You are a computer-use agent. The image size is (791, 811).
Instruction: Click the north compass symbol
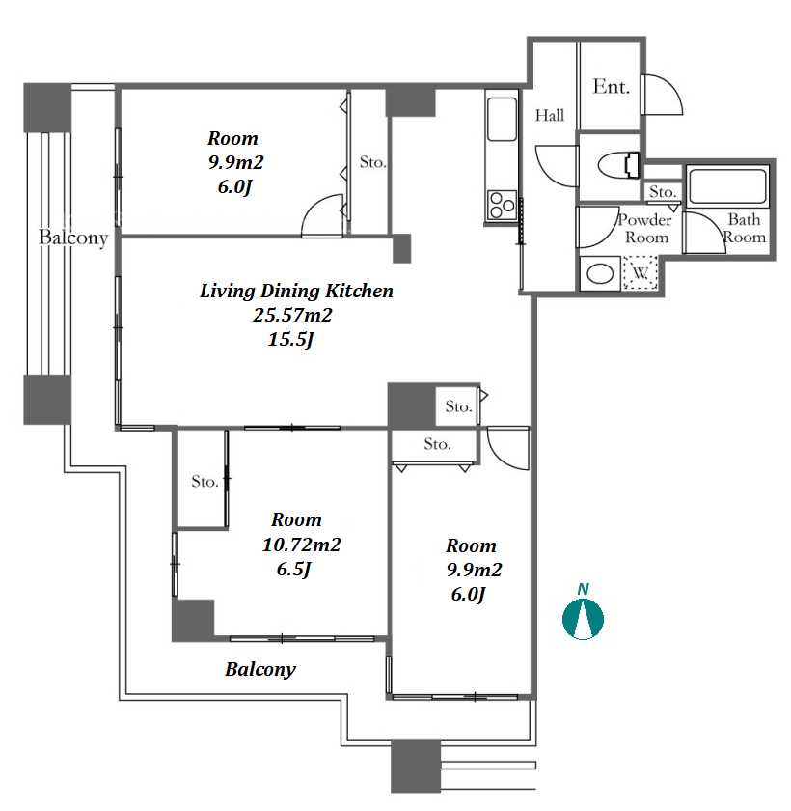point(583,619)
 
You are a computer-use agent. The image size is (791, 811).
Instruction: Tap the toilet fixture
point(618,165)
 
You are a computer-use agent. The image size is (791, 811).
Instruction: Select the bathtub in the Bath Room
point(727,186)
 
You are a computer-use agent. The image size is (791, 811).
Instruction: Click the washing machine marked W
point(641,272)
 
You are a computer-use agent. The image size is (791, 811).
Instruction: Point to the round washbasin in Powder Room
point(600,273)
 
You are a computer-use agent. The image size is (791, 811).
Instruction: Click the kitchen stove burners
point(502,205)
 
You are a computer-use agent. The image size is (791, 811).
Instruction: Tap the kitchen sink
point(502,119)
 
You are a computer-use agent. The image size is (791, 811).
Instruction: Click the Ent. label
point(612,86)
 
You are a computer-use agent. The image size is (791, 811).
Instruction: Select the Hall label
point(549,115)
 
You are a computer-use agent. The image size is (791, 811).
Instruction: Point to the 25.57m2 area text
point(292,315)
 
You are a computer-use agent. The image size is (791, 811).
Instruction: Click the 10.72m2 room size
point(301,545)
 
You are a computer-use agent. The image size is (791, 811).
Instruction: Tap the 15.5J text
point(291,339)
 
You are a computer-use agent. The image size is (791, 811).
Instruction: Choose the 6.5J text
point(293,569)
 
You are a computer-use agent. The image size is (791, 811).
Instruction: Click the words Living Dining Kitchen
point(296,291)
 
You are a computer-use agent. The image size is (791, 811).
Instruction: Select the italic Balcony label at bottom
point(260,669)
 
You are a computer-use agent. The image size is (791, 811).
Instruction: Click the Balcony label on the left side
point(73,238)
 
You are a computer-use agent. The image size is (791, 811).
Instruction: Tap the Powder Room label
point(645,229)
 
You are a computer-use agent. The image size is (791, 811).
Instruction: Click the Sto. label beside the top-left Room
point(372,162)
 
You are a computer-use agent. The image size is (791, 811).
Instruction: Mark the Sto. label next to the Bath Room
point(663,192)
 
